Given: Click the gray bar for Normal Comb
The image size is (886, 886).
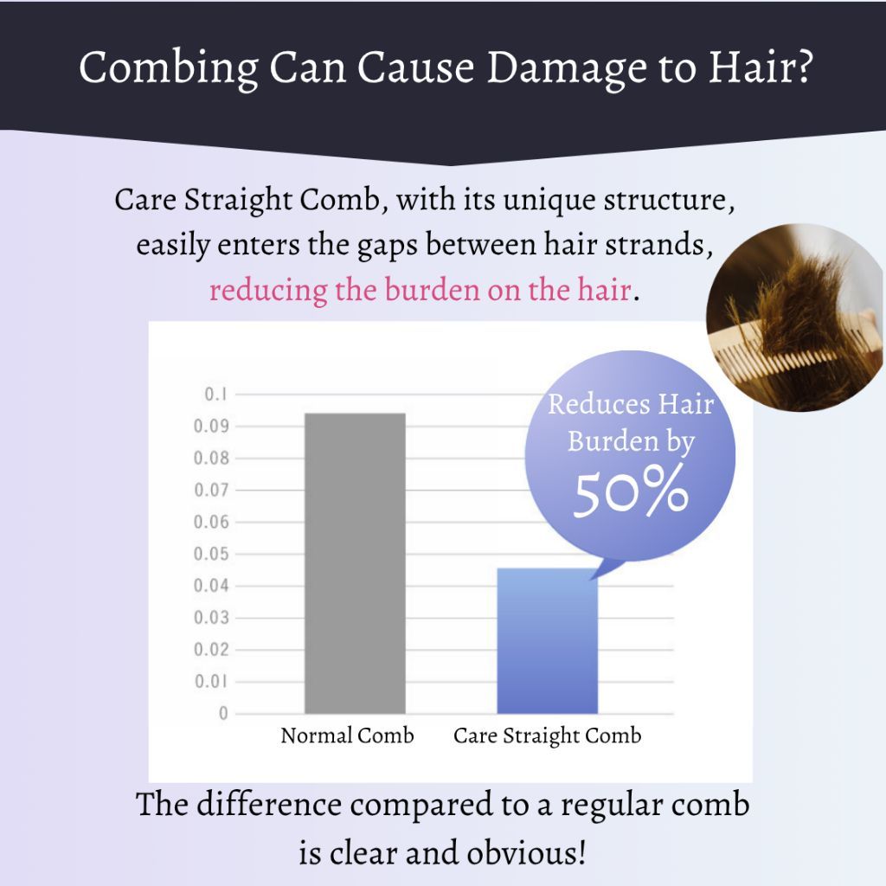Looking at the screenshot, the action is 355,563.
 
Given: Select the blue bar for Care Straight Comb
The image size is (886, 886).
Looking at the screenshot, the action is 547,641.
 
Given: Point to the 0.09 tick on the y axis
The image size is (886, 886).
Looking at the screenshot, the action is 211,426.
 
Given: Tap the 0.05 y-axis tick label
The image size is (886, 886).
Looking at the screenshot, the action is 211,554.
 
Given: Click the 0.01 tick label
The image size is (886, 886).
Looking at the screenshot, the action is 211,682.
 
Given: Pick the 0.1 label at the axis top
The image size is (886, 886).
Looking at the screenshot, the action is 215,394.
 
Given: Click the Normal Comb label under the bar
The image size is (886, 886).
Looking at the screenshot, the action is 347,735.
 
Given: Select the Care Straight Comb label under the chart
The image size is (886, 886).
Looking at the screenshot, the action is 547,735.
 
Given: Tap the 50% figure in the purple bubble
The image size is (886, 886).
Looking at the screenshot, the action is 631,491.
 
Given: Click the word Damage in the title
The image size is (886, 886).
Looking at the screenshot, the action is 566,67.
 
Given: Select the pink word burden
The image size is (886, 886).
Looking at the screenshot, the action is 430,289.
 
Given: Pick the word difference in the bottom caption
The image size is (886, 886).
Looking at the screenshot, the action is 269,804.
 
